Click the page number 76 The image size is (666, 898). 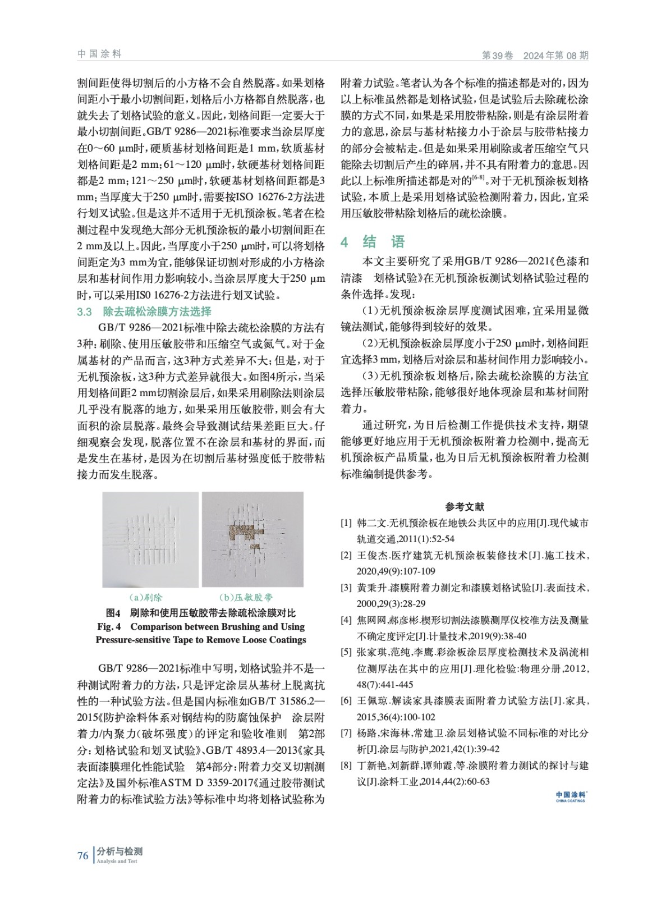coord(82,855)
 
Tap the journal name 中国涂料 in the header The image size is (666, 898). coord(99,54)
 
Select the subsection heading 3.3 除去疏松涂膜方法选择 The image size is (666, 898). coord(144,311)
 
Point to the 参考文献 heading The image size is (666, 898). coord(465,507)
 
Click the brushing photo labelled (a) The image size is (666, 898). coord(150,540)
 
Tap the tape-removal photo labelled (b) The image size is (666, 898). coord(252,540)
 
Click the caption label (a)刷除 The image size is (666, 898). coord(145,597)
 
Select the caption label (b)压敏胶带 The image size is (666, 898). coord(246,597)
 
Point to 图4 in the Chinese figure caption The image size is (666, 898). coord(113,612)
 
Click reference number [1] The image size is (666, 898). coord(346,523)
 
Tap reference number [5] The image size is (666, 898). coord(346,653)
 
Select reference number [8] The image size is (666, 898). coord(346,766)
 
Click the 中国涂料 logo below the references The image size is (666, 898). coord(570,796)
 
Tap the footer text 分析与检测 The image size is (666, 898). coord(119,851)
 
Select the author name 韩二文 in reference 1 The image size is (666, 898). coord(372,523)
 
